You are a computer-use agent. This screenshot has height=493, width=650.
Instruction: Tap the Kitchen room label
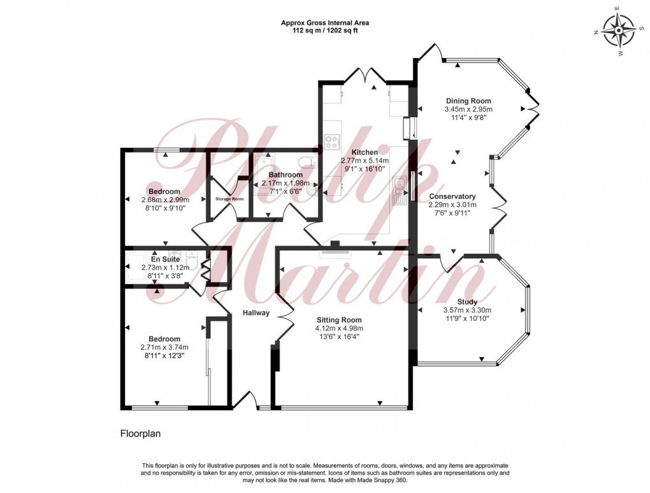click(x=359, y=152)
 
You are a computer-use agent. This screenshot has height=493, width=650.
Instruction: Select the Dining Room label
click(x=468, y=101)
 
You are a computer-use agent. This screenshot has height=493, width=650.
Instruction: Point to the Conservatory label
click(x=452, y=196)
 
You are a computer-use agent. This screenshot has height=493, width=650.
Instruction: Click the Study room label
click(x=467, y=302)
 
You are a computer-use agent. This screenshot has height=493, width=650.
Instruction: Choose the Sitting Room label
click(x=338, y=320)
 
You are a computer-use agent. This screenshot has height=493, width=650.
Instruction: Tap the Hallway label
click(x=256, y=313)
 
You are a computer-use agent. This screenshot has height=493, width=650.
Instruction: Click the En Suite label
click(x=165, y=260)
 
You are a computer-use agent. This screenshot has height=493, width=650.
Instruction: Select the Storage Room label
click(x=229, y=199)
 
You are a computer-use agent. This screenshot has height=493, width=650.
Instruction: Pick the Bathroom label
click(x=285, y=175)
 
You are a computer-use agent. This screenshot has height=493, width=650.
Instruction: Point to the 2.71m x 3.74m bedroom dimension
click(x=165, y=348)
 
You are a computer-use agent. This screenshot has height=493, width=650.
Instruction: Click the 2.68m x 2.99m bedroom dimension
click(x=165, y=200)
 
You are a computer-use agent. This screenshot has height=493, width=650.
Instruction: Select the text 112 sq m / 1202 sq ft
click(x=325, y=31)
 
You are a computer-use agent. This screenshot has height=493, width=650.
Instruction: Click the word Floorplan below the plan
click(x=141, y=434)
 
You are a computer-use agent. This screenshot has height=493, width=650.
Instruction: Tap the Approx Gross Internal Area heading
click(x=325, y=23)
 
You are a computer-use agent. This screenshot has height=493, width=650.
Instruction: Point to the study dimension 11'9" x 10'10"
click(x=467, y=319)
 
